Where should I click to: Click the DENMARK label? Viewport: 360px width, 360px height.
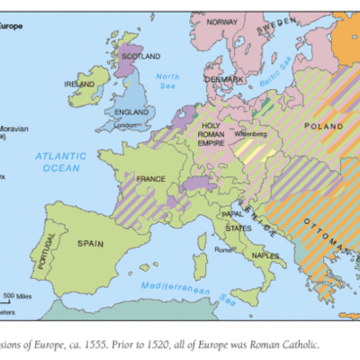pos(226,79)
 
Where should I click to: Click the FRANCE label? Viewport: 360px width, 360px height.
pos(151,179)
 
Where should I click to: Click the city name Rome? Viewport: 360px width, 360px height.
pos(225,249)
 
